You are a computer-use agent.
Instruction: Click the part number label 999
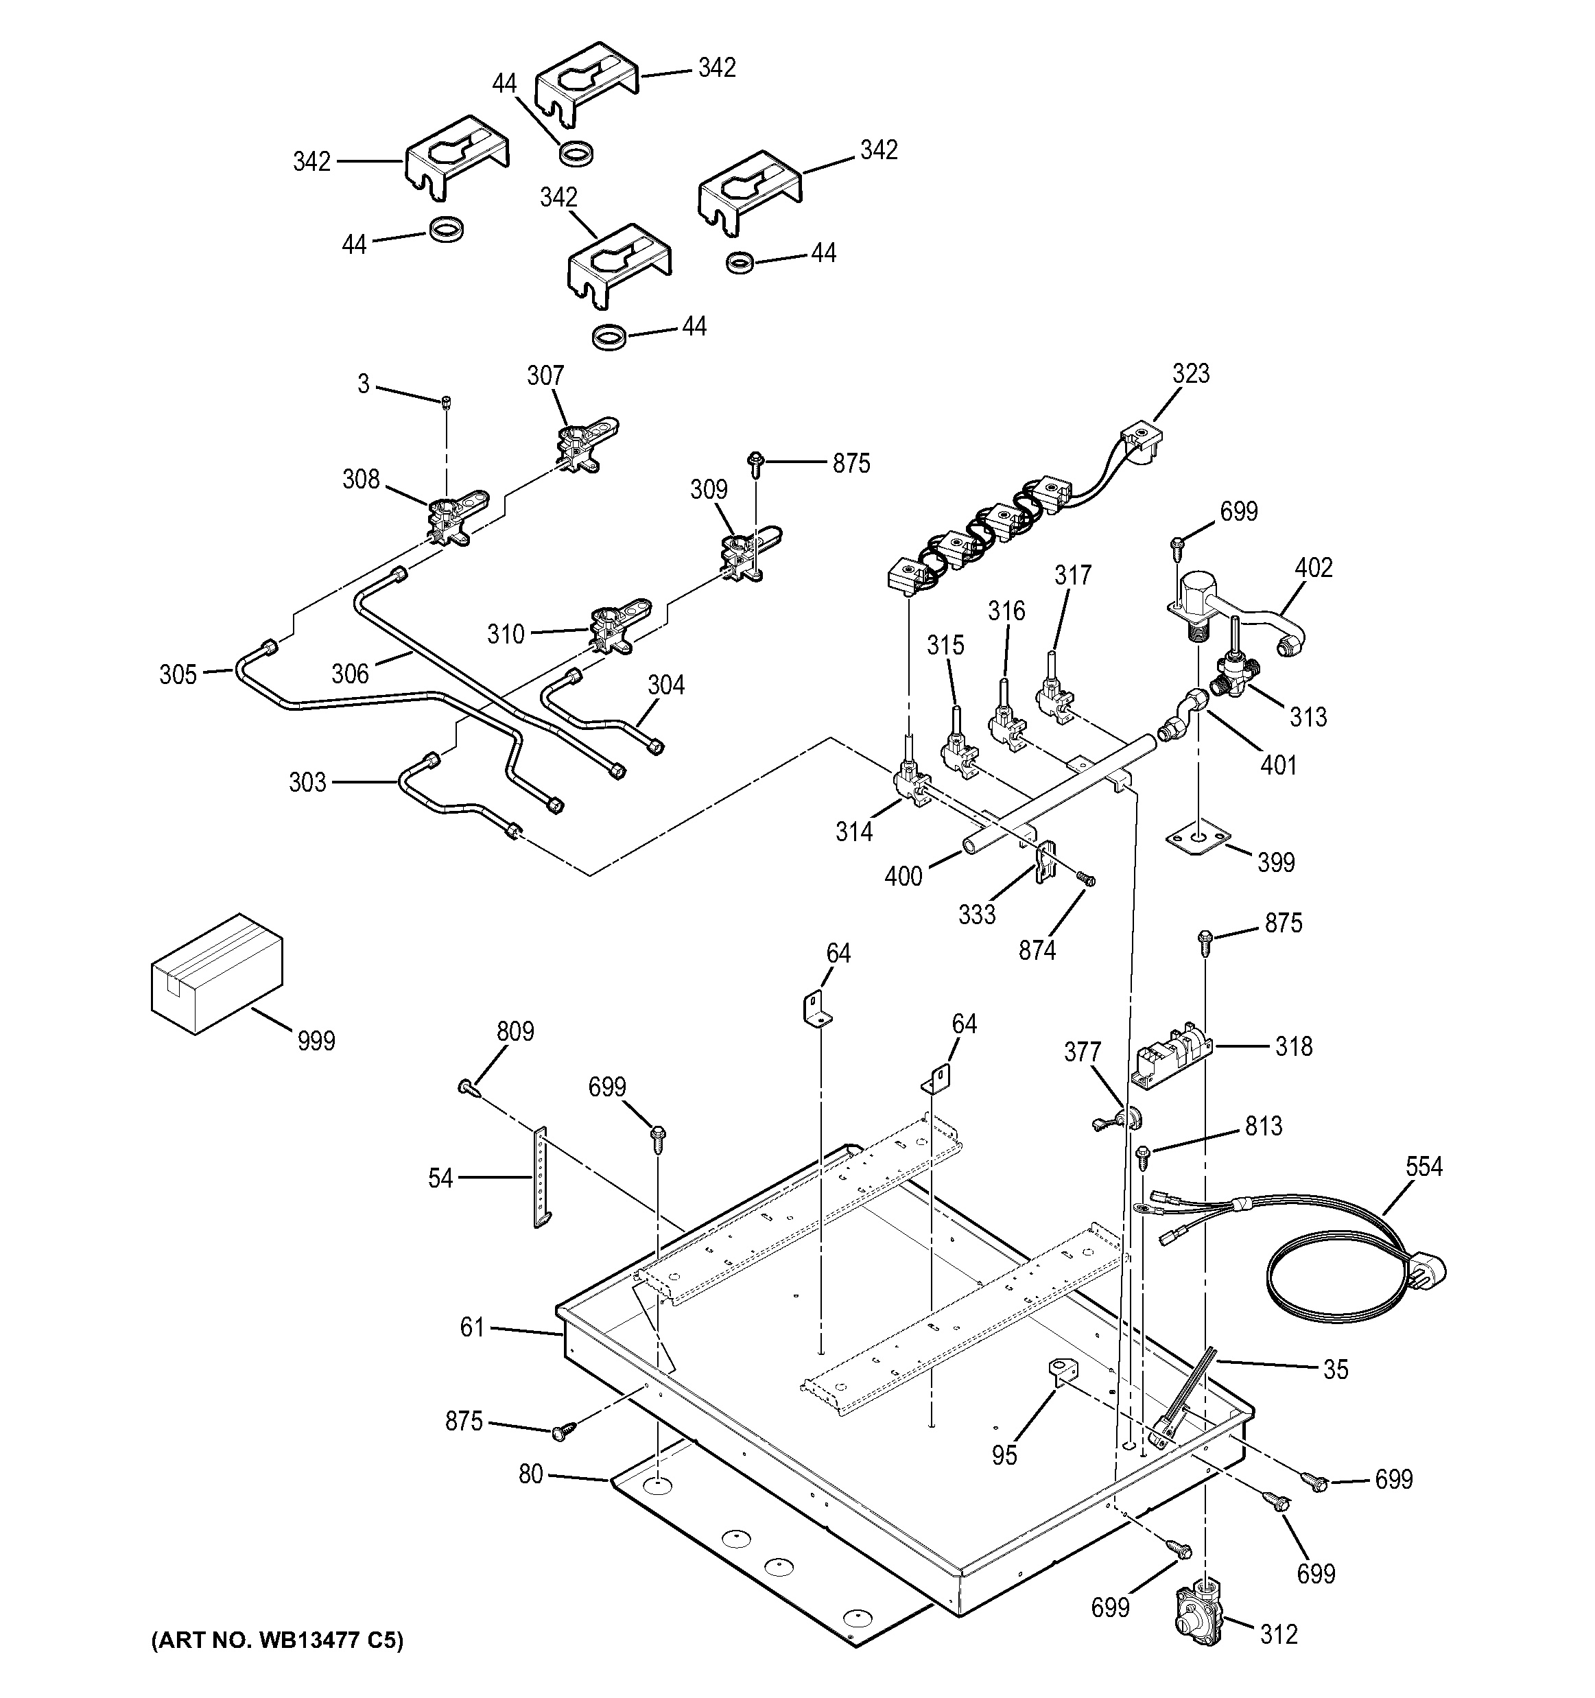tap(316, 1041)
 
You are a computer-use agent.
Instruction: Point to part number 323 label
tap(1190, 373)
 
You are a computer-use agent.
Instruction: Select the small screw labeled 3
tap(446, 402)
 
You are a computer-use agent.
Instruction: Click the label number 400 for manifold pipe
tap(903, 876)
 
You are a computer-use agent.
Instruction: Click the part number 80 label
tap(530, 1474)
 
